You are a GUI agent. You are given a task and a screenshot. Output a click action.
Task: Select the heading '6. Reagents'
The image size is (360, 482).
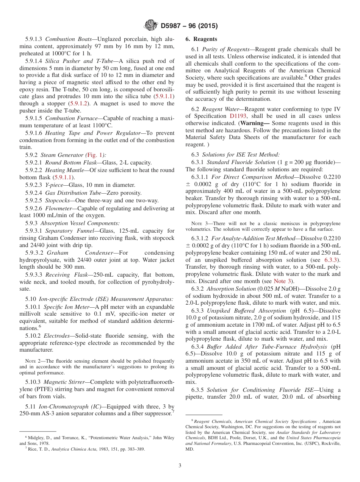pos(201,39)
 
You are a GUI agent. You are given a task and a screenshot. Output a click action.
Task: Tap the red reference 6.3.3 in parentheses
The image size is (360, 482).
pos(332,260)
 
